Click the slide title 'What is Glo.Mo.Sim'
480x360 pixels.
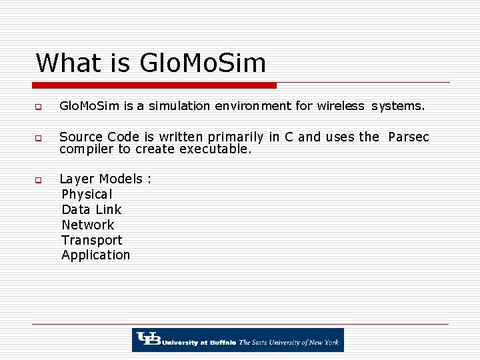pos(151,63)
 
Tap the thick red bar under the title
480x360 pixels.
pos(154,85)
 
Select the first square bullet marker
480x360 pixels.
pos(39,107)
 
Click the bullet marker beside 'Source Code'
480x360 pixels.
pos(39,139)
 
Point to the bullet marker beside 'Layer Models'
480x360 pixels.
pos(39,180)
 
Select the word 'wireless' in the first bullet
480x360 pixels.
pos(341,106)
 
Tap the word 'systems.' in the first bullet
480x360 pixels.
pos(398,106)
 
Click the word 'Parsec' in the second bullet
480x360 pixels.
pos(408,137)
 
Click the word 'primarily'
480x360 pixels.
pos(231,137)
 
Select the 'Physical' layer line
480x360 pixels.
pos(87,194)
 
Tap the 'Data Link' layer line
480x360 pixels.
pos(91,209)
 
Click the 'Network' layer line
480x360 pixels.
pos(88,225)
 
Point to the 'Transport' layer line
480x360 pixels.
pos(92,240)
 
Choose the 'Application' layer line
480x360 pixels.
pos(96,255)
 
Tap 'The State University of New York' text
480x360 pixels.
pos(289,342)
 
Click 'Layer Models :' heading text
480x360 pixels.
pos(105,179)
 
